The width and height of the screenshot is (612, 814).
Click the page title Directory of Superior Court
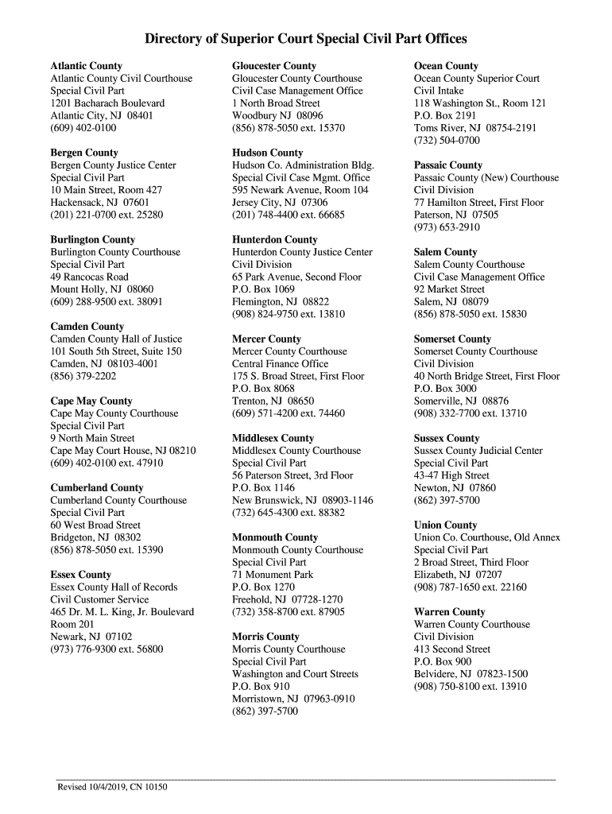click(x=305, y=39)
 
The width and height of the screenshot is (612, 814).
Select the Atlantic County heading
click(x=87, y=66)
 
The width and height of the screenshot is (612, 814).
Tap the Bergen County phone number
click(x=107, y=215)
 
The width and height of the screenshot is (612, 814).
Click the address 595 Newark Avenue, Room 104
click(x=300, y=190)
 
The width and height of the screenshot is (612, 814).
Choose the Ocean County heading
click(x=446, y=66)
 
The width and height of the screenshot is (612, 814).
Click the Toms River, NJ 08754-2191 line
click(x=474, y=128)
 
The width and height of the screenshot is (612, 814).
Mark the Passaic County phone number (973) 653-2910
click(x=446, y=227)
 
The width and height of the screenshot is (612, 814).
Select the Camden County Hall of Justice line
click(x=116, y=339)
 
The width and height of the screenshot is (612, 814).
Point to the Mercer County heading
click(x=266, y=339)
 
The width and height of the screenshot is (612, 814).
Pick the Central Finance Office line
click(x=280, y=364)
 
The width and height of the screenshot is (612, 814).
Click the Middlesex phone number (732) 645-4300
click(x=288, y=513)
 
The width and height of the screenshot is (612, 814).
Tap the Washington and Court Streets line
click(x=295, y=674)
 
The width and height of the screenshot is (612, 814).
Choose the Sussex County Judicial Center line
click(x=478, y=451)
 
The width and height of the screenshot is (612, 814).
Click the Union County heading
click(x=445, y=525)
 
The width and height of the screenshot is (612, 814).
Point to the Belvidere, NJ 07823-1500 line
click(x=470, y=674)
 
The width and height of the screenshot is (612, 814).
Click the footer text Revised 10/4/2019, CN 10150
click(x=112, y=787)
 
